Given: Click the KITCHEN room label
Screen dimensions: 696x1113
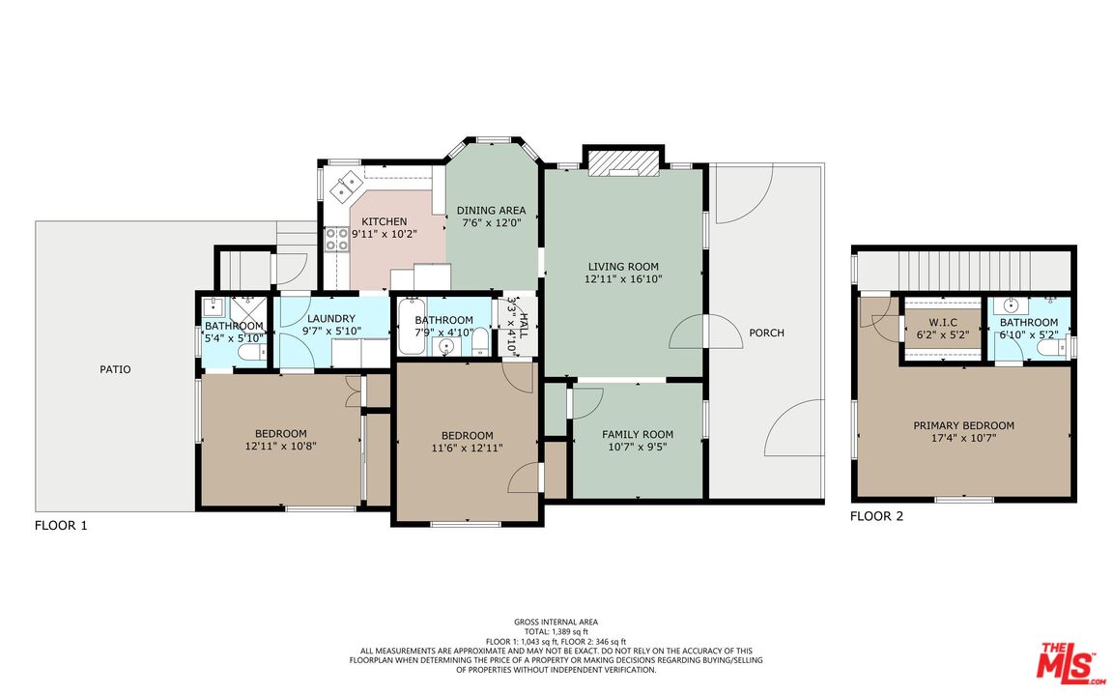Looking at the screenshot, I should [x=384, y=221].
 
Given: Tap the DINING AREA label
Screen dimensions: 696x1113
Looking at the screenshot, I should [x=491, y=211].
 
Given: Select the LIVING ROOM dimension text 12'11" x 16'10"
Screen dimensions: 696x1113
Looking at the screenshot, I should [x=623, y=278].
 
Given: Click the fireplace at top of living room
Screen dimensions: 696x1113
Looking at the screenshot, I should [x=623, y=161].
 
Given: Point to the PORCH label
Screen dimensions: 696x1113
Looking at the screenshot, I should [x=766, y=333].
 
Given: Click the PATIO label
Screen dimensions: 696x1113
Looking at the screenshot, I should [x=114, y=369].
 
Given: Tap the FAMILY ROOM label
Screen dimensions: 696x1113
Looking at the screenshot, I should [x=638, y=434].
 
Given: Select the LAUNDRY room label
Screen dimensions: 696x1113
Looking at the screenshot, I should [x=331, y=319].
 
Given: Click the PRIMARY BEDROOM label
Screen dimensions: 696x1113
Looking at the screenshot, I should [x=963, y=425].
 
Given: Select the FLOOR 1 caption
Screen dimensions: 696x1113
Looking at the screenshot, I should [x=61, y=526].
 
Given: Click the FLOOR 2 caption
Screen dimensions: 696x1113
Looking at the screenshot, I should [x=876, y=516].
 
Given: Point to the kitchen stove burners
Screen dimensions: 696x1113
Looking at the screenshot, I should [x=336, y=239].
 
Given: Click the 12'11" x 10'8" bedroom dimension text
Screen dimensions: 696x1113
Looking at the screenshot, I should [x=280, y=447].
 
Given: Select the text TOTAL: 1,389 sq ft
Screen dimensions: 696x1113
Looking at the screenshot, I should [x=556, y=631].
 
